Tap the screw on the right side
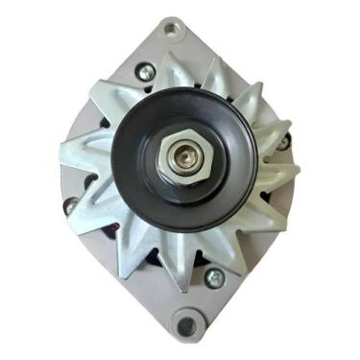(284, 143)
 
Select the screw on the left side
(70, 204)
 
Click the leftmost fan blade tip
(63, 153)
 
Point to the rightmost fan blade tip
(298, 173)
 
